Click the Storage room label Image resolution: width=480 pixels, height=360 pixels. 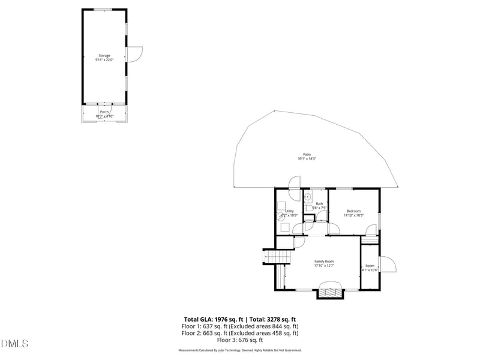point(104,56)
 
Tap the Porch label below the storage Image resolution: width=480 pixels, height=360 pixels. point(104,112)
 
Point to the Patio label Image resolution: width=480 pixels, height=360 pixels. point(307,154)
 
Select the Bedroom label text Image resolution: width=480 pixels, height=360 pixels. point(353,211)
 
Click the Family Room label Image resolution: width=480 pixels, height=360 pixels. point(324,261)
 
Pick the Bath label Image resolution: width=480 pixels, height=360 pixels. point(319,203)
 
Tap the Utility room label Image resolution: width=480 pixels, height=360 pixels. point(290,211)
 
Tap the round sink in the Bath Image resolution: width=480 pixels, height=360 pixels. point(307,196)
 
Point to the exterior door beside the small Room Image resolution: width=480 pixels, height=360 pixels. point(387,264)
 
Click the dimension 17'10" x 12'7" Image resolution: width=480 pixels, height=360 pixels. point(324,265)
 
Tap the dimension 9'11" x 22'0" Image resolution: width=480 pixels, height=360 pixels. point(104,60)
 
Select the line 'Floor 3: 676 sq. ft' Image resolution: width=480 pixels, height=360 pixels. point(240,340)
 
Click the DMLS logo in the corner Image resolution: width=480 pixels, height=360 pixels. point(15,343)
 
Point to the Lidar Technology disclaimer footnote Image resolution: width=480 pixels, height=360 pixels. point(240,350)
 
